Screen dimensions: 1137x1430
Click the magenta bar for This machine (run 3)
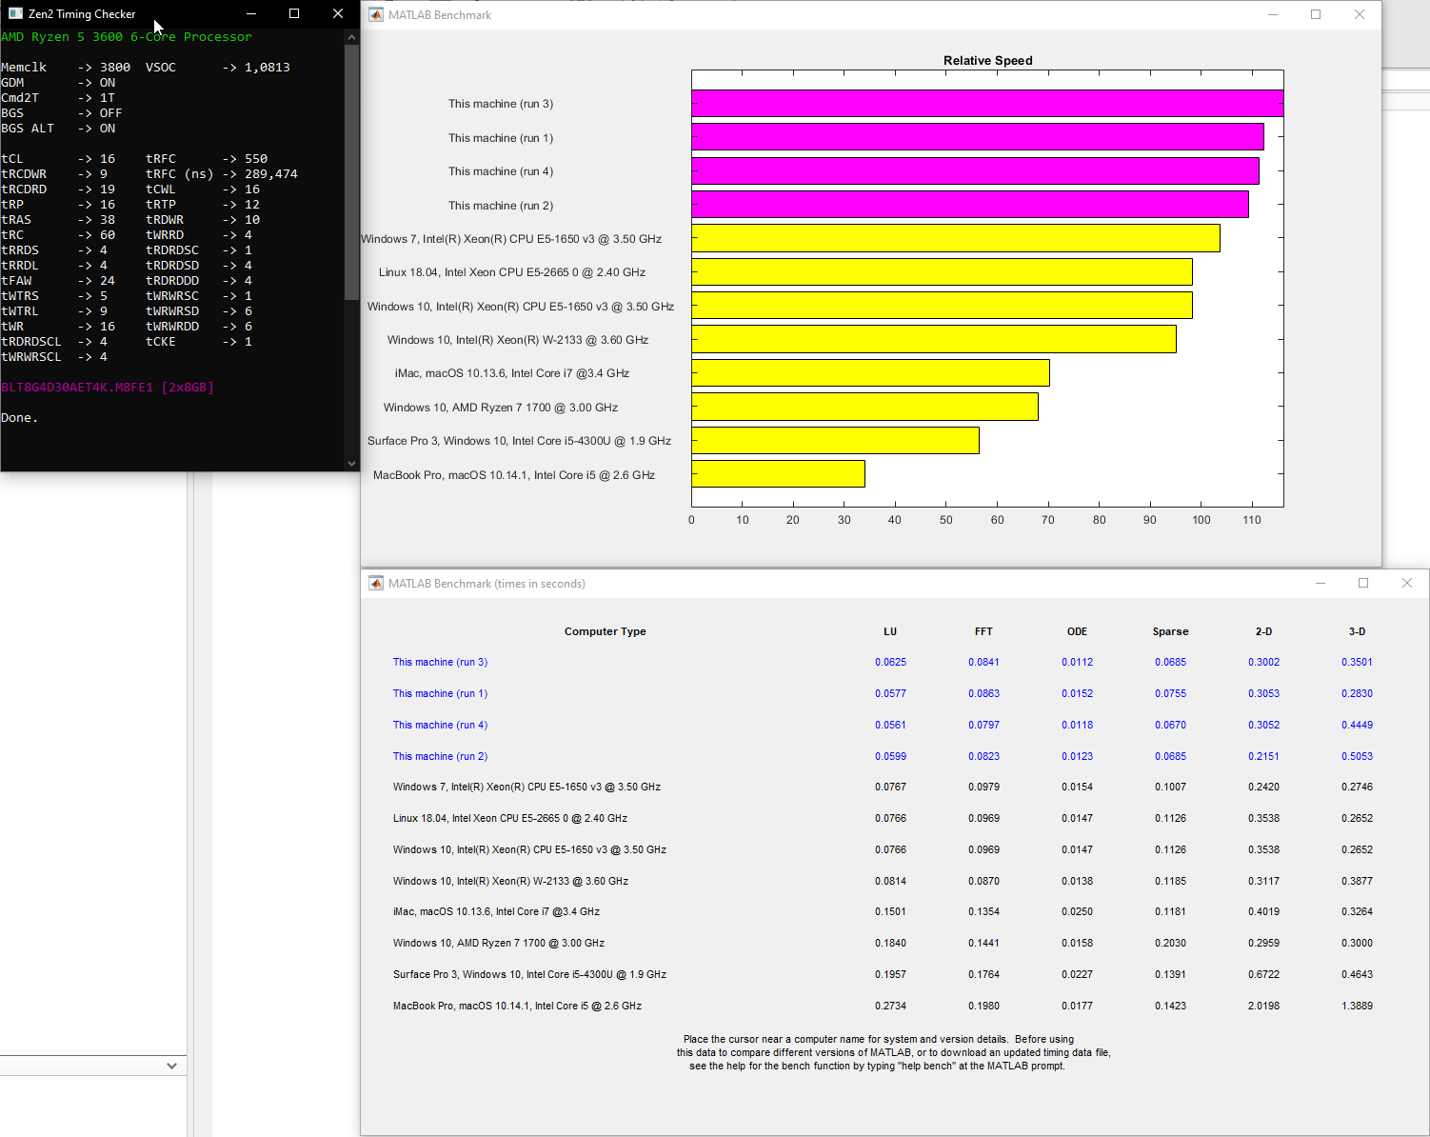coord(987,104)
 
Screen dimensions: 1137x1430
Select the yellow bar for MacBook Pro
coord(778,474)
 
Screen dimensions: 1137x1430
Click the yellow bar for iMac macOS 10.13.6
coord(870,373)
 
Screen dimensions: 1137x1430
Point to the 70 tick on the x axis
coord(1048,520)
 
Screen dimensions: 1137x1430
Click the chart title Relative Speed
coord(987,61)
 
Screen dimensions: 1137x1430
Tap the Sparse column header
coord(1170,631)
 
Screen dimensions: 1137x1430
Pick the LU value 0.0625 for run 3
coord(890,662)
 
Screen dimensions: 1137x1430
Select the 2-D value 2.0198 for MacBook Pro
coord(1263,1006)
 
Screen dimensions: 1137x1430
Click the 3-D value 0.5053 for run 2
coord(1357,756)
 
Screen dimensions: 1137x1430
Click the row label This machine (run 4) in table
coord(440,725)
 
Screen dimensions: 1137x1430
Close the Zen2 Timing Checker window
coord(338,13)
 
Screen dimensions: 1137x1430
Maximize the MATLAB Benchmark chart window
coord(1316,14)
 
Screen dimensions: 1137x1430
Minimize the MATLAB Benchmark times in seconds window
coord(1321,583)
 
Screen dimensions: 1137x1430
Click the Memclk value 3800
coord(115,68)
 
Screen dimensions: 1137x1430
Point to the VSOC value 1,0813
coord(268,68)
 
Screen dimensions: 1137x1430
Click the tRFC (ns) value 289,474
coord(271,174)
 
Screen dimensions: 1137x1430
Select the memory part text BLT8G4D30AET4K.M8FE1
coord(77,388)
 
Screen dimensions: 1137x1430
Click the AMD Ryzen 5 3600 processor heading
coord(127,37)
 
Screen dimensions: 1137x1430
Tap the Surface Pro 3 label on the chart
coord(519,441)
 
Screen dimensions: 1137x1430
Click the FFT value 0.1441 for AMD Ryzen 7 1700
coord(983,943)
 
